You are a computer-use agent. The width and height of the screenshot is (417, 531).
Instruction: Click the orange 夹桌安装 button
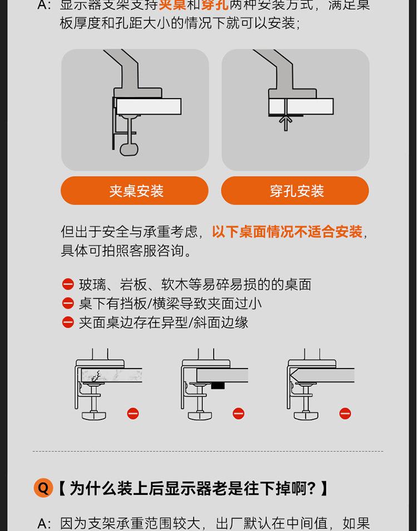pos(135,190)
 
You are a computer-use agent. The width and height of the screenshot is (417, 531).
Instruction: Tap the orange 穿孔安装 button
pos(295,190)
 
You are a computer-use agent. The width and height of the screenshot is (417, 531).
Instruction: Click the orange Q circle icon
pos(43,488)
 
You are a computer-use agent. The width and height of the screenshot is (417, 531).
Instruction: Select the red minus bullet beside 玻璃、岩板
pos(68,284)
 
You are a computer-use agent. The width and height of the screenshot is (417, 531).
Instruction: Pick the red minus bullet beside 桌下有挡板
pos(68,303)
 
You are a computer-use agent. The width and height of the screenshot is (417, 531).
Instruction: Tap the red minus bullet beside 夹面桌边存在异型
pos(68,322)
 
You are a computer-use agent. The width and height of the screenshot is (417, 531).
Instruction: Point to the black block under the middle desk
pos(218,385)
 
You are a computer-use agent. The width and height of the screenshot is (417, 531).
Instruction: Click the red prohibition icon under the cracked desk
pos(133,414)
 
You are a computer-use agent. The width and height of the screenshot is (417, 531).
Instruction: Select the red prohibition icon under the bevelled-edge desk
pos(345,414)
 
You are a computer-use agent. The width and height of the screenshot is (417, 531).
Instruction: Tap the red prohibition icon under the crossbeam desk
pos(239,414)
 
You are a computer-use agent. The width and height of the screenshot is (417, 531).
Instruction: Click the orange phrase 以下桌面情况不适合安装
pos(287,232)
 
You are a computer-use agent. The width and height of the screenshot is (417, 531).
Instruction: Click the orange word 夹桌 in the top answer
pos(172,5)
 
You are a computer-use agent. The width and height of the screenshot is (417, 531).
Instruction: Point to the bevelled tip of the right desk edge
pos(291,376)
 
